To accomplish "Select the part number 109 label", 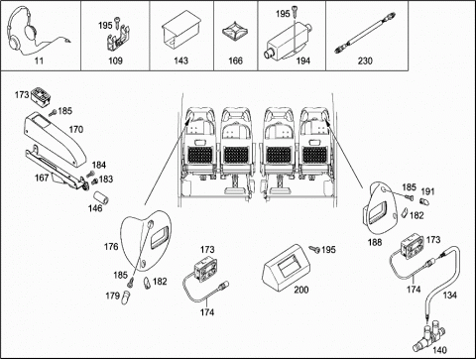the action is point(115,60).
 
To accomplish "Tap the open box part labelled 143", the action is point(181,31).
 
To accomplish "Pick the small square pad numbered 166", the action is point(235,32).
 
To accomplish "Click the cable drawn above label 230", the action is point(365,33).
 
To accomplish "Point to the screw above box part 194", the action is point(295,12).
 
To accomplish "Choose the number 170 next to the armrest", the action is point(76,129).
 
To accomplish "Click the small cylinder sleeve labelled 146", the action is point(101,198).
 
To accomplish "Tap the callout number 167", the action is point(42,178).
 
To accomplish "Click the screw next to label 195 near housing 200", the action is point(314,249).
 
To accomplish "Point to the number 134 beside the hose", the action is point(449,295).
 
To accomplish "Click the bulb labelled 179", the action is point(126,297).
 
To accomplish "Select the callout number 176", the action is point(111,247).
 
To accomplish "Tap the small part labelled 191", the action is point(423,200).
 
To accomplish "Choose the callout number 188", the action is point(375,242).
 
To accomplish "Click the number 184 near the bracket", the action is point(99,165).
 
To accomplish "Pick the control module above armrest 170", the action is point(42,97).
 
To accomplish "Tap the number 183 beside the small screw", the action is point(106,179).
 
